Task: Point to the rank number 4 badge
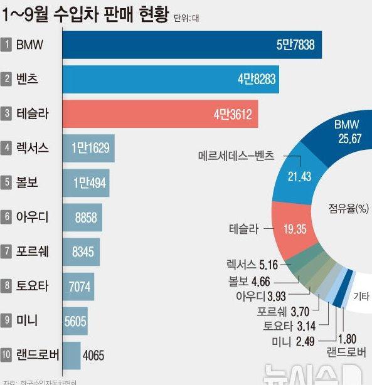(x=6, y=148)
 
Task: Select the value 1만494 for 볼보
(x=90, y=182)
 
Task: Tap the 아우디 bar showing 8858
(x=82, y=217)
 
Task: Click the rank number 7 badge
(x=6, y=251)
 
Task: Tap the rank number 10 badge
(x=6, y=355)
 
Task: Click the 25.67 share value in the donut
(x=348, y=139)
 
